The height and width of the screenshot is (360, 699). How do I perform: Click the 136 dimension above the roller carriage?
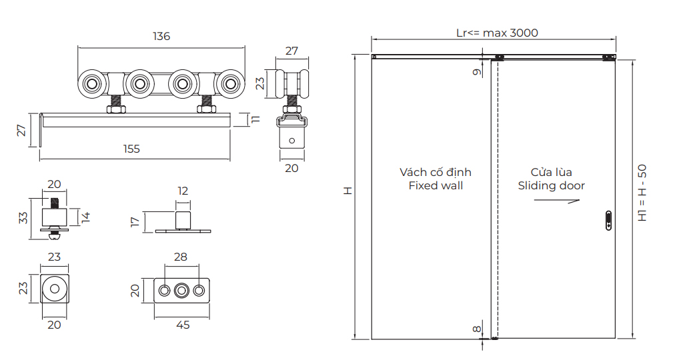(x=161, y=37)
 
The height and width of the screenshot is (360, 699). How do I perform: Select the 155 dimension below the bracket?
(x=132, y=149)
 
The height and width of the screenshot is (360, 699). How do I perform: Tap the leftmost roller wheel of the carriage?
(x=92, y=84)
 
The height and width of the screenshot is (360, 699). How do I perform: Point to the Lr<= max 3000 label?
(x=496, y=33)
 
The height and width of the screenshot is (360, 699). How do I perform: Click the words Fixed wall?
(x=436, y=186)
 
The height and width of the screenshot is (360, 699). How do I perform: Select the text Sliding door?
(x=551, y=186)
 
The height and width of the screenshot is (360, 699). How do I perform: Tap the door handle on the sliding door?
(x=608, y=220)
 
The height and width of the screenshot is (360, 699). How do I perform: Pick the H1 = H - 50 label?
(x=642, y=193)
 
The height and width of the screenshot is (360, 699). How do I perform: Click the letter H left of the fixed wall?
(x=347, y=191)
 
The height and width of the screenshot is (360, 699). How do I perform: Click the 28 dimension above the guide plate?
(x=180, y=257)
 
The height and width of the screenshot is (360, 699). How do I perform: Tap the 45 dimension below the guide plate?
(x=182, y=325)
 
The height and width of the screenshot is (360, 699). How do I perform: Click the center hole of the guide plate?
(x=181, y=291)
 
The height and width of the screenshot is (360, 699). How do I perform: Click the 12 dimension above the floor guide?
(x=183, y=191)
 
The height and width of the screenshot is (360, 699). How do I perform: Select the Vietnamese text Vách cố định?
(x=436, y=172)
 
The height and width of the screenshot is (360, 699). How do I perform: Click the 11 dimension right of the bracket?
(x=255, y=120)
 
